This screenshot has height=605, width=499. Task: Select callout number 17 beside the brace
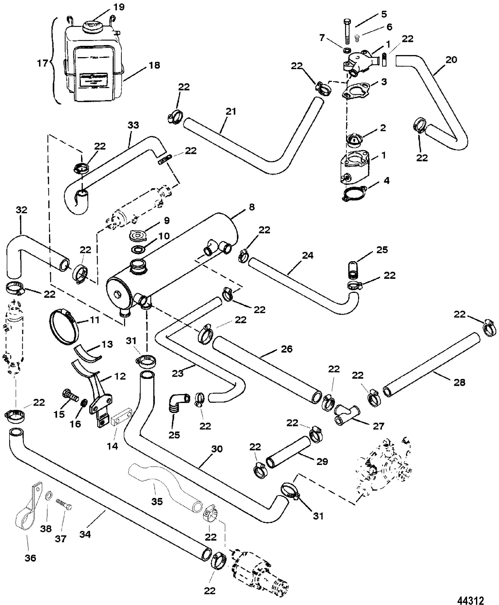click(42, 63)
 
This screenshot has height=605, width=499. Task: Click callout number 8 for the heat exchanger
click(252, 207)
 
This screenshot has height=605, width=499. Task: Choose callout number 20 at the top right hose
click(451, 60)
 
